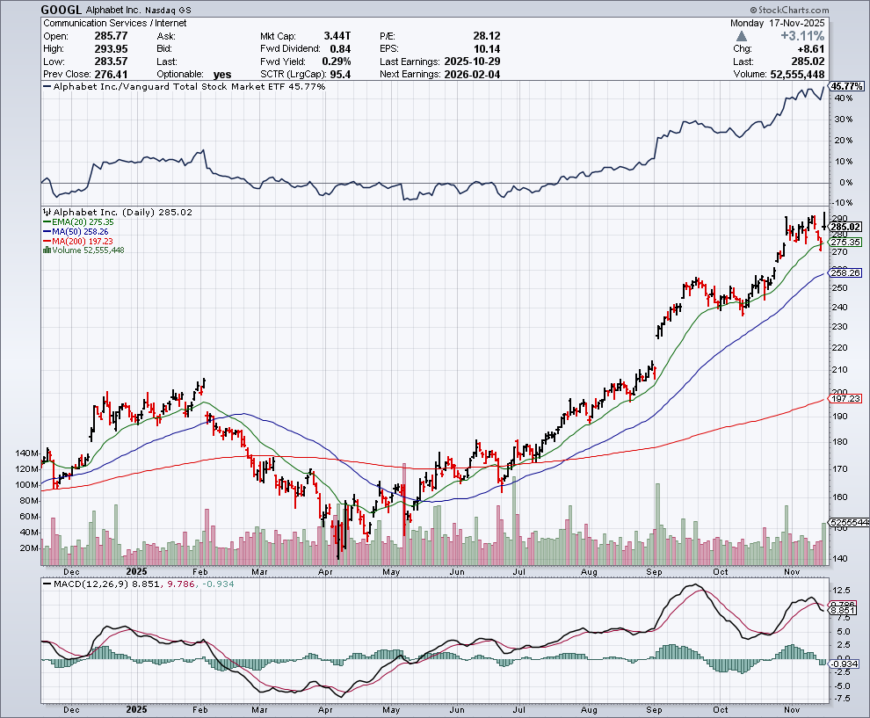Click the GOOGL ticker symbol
click(x=62, y=9)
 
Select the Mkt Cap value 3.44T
click(x=337, y=36)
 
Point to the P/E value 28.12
click(x=484, y=36)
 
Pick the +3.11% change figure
click(x=802, y=36)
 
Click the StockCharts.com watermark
click(x=818, y=9)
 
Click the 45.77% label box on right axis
click(x=847, y=87)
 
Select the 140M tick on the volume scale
click(x=26, y=453)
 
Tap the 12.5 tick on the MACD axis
click(x=841, y=591)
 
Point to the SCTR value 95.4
click(x=337, y=75)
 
